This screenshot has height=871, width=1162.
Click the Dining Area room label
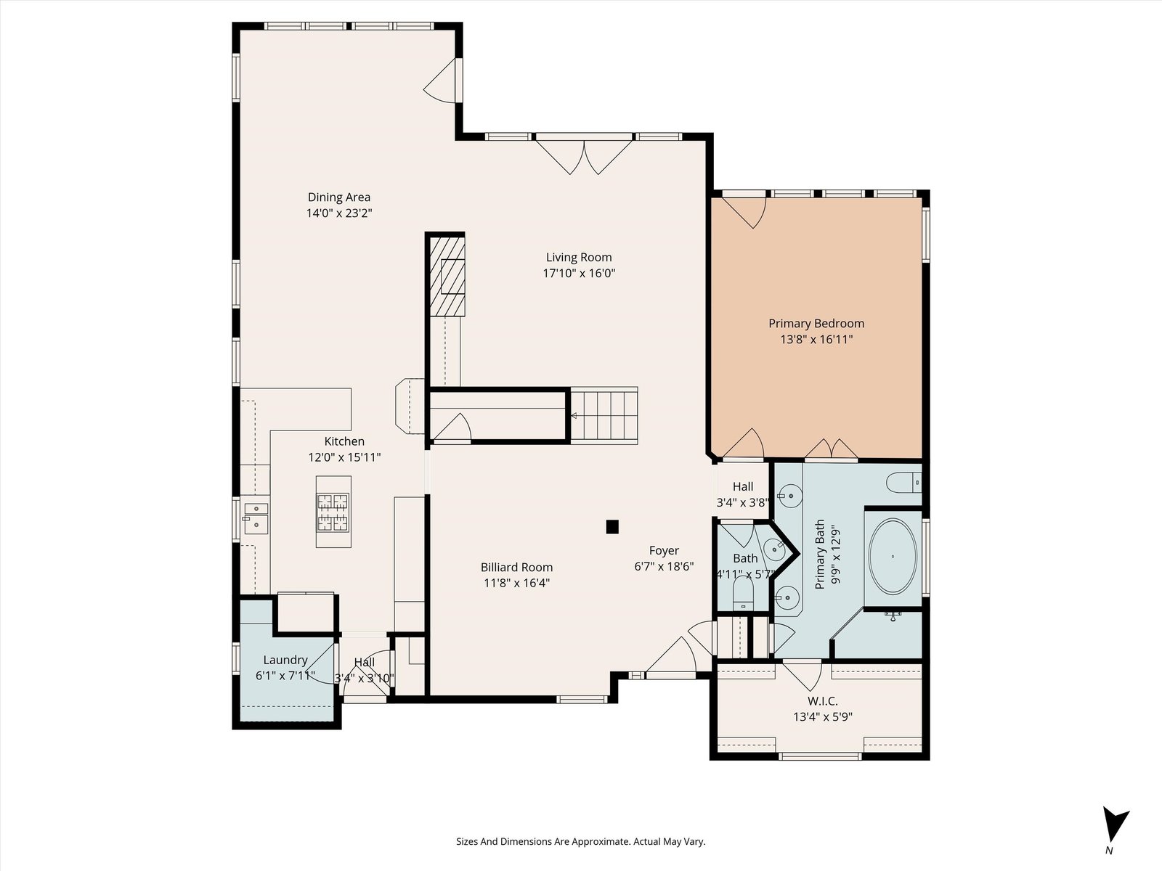pyautogui.click(x=339, y=197)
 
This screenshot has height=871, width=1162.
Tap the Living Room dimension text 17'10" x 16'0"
pyautogui.click(x=579, y=274)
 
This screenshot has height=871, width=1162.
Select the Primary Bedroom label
pyautogui.click(x=816, y=323)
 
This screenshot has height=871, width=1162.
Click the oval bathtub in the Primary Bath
pyautogui.click(x=893, y=556)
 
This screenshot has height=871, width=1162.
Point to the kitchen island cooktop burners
pyautogui.click(x=333, y=512)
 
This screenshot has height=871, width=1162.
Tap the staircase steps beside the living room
pyautogui.click(x=604, y=415)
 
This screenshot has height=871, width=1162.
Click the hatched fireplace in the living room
pyautogui.click(x=447, y=277)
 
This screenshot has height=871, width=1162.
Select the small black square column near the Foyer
pyautogui.click(x=612, y=527)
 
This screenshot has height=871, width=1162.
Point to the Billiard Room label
pyautogui.click(x=516, y=568)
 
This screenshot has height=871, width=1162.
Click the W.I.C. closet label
pyautogui.click(x=823, y=701)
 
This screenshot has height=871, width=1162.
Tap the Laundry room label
pyautogui.click(x=285, y=660)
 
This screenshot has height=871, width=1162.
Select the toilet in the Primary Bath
pyautogui.click(x=904, y=483)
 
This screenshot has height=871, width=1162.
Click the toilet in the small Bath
pyautogui.click(x=743, y=593)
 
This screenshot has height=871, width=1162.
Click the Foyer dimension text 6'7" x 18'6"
pyautogui.click(x=664, y=566)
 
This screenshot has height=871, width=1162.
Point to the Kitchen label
pyautogui.click(x=344, y=441)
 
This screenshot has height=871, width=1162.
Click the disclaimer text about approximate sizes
pyautogui.click(x=581, y=841)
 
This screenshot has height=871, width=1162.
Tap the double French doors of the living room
pyautogui.click(x=584, y=155)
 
